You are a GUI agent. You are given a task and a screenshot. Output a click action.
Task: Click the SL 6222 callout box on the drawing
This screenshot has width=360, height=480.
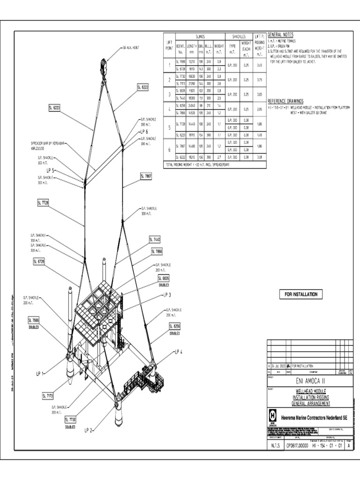pyautogui.click(x=143, y=87)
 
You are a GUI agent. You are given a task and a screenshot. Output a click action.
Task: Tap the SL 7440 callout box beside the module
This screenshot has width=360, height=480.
pyautogui.click(x=155, y=240)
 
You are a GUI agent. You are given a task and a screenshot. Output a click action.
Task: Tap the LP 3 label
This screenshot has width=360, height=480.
pyautogui.click(x=167, y=295)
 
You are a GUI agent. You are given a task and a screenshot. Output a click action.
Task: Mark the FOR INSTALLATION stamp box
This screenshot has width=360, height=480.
pyautogui.click(x=298, y=294)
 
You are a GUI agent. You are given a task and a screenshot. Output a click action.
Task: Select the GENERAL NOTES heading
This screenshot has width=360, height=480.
pyautogui.click(x=281, y=35)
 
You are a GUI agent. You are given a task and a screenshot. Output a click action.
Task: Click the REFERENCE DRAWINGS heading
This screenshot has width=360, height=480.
pyautogui.click(x=285, y=101)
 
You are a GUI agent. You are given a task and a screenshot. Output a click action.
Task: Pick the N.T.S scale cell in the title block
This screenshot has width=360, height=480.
pyautogui.click(x=275, y=446)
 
